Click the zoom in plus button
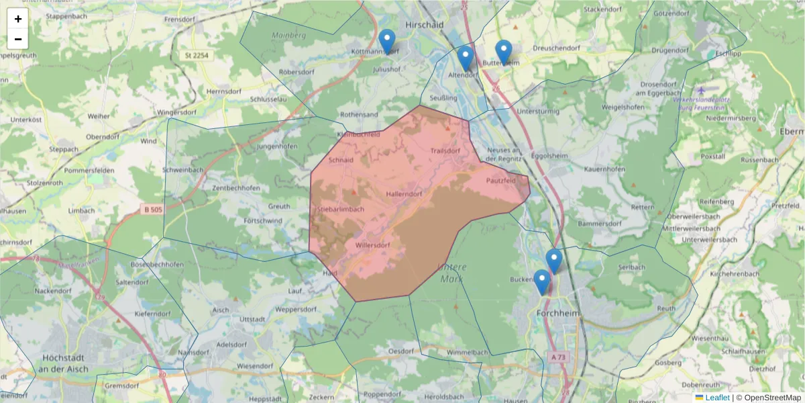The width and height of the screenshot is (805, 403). tap(18, 19)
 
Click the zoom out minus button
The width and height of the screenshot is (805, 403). tap(18, 39)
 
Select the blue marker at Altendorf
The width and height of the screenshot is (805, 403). tap(466, 58)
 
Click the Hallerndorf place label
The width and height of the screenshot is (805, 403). tap(404, 194)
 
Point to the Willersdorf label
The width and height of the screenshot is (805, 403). tap(372, 245)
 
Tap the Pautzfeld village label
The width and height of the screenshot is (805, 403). tap(500, 181)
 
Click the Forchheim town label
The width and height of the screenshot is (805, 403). tap(558, 313)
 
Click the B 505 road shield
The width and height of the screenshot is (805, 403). tap(153, 210)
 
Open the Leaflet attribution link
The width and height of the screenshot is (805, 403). tap(716, 398)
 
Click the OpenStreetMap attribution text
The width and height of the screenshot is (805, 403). tap(772, 398)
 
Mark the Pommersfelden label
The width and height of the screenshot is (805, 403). tap(89, 171)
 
